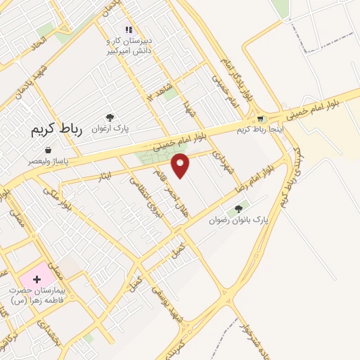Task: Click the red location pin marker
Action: pyautogui.click(x=181, y=165)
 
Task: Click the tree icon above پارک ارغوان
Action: pyautogui.click(x=110, y=117)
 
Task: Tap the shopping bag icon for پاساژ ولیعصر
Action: pyautogui.click(x=48, y=150)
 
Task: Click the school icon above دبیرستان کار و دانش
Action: pyautogui.click(x=129, y=30)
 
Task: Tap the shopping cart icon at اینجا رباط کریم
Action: pyautogui.click(x=260, y=118)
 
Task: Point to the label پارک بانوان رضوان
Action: pyautogui.click(x=238, y=220)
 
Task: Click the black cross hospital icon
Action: pyautogui.click(x=37, y=279)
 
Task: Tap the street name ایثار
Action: pyautogui.click(x=96, y=179)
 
